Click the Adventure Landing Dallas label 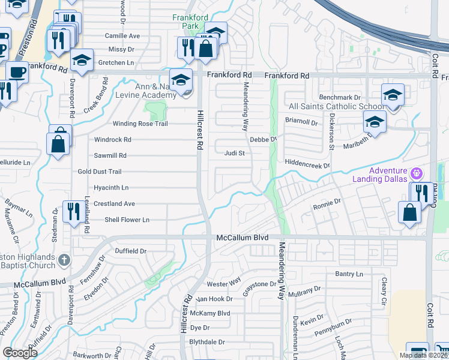coord(388,175)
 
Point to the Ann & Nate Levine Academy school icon coord(181,80)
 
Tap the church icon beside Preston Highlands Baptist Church coord(65,260)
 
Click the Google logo coord(20,353)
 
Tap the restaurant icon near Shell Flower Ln coord(74,211)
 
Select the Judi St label coord(235,153)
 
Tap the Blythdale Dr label coord(206,342)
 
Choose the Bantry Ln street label coord(350,274)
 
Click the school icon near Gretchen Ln coord(82,61)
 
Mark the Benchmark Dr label coord(340,97)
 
